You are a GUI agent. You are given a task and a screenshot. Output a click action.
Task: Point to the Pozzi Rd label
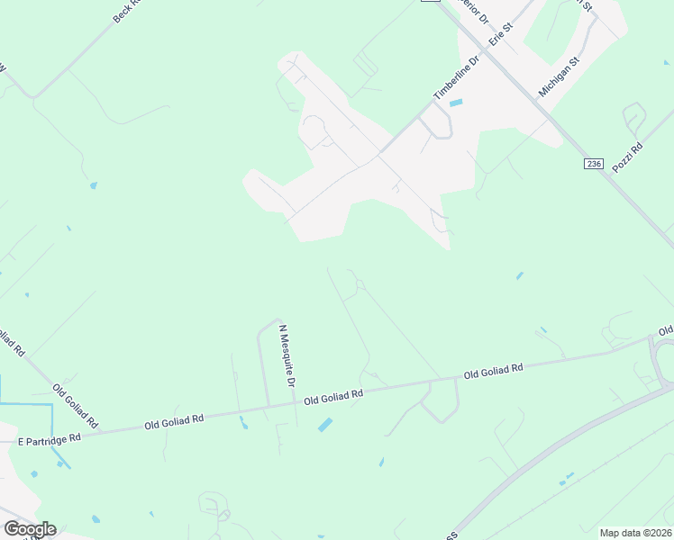coord(627,158)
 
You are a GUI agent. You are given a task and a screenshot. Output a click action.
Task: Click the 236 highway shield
coord(592,163)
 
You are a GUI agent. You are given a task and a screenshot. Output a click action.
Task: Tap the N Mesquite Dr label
coord(287,356)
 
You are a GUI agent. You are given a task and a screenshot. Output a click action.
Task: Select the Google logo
coord(29,528)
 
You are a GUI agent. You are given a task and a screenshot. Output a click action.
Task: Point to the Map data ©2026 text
coord(635,533)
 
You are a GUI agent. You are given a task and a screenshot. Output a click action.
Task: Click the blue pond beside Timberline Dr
coord(456,103)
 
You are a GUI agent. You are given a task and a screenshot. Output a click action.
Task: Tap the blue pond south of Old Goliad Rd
coord(324,425)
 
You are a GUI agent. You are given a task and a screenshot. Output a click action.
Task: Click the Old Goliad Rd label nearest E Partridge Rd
coord(174,418)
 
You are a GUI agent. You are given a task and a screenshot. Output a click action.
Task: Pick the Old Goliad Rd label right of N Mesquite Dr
coord(333,396)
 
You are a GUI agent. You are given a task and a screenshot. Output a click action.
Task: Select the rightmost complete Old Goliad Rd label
coord(494,370)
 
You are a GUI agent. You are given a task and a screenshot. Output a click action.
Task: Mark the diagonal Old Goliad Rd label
coord(75,406)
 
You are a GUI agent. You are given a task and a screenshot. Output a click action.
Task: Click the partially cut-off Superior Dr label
coord(472,11)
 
